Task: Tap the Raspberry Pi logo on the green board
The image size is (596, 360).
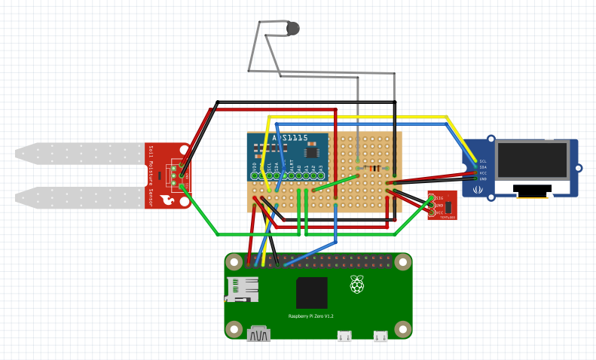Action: pyautogui.click(x=356, y=284)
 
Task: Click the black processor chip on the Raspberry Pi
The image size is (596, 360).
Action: pyautogui.click(x=312, y=293)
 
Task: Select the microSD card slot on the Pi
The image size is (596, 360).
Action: pyautogui.click(x=241, y=290)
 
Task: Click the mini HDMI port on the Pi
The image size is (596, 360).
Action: pyautogui.click(x=258, y=334)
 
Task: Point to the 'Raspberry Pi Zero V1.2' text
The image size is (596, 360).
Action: pyautogui.click(x=311, y=316)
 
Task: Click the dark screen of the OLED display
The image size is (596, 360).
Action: pyautogui.click(x=531, y=160)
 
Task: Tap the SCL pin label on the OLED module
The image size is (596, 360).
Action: pyautogui.click(x=483, y=161)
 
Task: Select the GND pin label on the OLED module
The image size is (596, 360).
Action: pyautogui.click(x=483, y=179)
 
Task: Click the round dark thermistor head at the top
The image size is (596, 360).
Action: pyautogui.click(x=293, y=29)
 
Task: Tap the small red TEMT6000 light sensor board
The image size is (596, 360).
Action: pyautogui.click(x=442, y=206)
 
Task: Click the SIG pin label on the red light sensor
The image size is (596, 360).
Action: pyautogui.click(x=439, y=198)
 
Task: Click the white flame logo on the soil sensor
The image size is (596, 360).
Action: pyautogui.click(x=167, y=200)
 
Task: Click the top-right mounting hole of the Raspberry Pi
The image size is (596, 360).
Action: pyautogui.click(x=403, y=263)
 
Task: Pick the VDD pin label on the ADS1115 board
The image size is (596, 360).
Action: pyautogui.click(x=255, y=167)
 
